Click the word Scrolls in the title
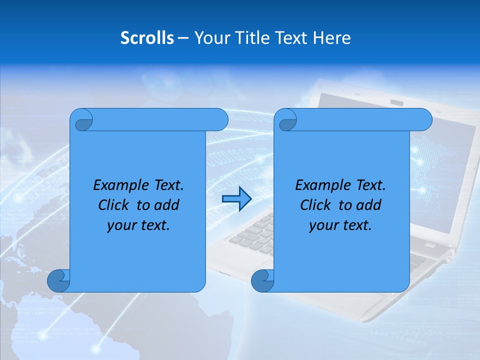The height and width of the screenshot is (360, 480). (x=147, y=38)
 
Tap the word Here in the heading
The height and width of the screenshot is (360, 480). (x=332, y=38)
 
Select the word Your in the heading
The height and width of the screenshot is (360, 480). (x=210, y=38)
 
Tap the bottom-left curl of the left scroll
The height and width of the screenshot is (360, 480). (x=59, y=280)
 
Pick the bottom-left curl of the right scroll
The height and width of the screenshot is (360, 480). (x=263, y=280)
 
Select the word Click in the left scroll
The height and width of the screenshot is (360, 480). (x=113, y=205)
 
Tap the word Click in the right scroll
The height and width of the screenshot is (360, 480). (x=315, y=205)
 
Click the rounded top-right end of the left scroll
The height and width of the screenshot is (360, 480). (x=220, y=120)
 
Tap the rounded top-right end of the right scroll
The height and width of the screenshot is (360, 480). (x=424, y=120)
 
